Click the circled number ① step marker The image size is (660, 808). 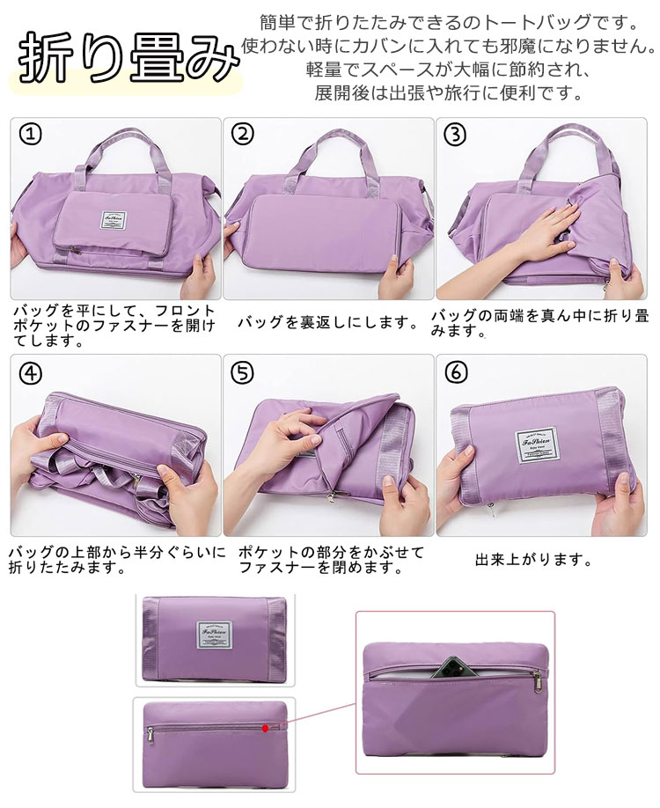31,134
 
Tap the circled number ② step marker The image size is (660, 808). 243,134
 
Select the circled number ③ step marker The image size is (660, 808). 455,135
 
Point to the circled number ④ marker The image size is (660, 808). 31,372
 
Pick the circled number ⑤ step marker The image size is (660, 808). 243,372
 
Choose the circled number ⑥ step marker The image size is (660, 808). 456,372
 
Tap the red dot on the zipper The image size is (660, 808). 266,728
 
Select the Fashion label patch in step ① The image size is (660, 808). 114,220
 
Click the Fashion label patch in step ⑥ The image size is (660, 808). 538,444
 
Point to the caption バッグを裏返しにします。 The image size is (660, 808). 329,323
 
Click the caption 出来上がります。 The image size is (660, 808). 532,560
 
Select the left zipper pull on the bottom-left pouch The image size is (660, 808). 150,734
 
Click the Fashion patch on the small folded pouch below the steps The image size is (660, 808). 215,637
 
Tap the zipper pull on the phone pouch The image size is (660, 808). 537,679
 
